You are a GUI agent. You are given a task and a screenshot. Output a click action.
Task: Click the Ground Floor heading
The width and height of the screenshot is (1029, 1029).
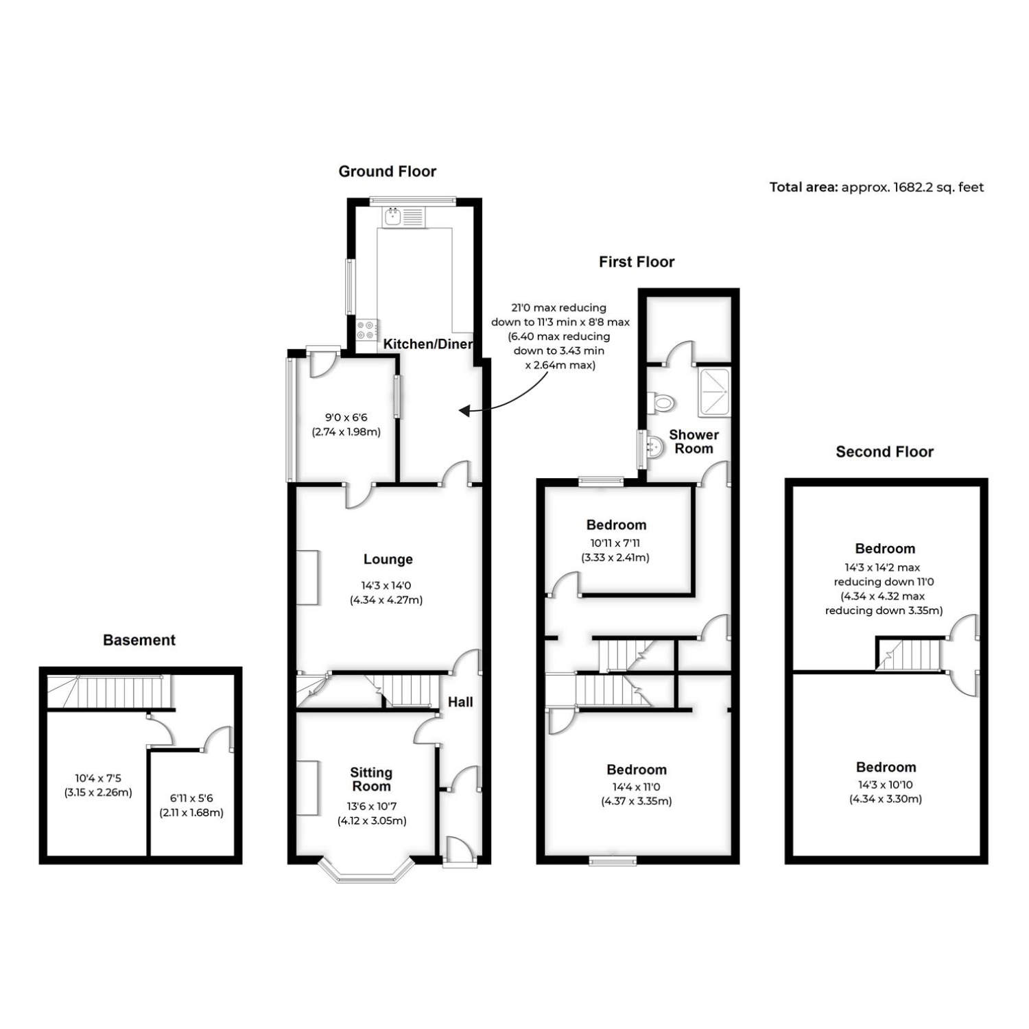coord(388,171)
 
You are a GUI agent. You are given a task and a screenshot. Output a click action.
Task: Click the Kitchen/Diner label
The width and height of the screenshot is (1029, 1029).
coord(428,344)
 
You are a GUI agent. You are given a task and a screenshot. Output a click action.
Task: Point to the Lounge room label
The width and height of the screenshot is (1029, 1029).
coord(388,559)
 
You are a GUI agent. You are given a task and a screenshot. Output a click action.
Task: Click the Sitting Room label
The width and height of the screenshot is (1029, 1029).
coord(371,779)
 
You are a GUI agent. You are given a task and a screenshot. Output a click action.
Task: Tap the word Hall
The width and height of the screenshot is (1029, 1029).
coord(460,702)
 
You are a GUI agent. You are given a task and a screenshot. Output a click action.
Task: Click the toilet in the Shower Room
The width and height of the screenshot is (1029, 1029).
coord(662,403)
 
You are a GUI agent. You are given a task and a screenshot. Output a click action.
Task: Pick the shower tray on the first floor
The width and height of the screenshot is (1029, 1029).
coord(715,392)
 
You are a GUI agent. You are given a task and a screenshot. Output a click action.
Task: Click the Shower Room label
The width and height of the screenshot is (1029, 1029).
coord(694,442)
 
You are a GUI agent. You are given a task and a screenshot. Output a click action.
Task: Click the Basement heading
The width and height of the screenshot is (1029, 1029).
coord(139,640)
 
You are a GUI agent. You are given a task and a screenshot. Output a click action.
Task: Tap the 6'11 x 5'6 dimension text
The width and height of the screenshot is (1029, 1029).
coord(191,799)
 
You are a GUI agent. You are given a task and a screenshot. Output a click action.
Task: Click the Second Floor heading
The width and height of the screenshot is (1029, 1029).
coord(885,451)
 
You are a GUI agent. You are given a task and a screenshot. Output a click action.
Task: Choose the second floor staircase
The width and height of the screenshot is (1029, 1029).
coord(908,654)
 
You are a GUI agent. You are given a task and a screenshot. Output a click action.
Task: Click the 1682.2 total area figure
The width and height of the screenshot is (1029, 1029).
coord(920,187)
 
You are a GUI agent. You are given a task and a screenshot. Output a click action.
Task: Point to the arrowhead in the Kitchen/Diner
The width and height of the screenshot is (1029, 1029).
coord(464,411)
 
